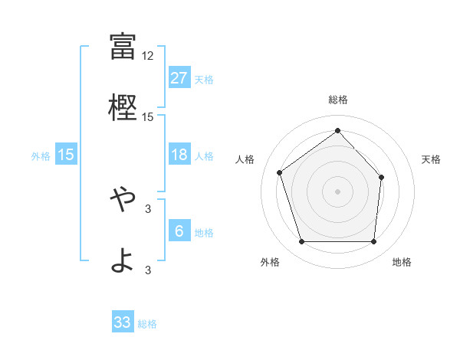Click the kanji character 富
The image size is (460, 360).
coord(123,47)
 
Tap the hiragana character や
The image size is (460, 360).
coord(123,198)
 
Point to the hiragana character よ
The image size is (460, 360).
coord(123,261)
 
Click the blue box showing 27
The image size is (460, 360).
coord(179,78)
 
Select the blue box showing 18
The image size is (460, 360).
coord(179,155)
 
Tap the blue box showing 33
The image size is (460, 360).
coord(123,322)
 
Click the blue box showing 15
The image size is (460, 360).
coord(66,155)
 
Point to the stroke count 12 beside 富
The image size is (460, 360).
coord(148,56)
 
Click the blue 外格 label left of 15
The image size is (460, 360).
coord(41,155)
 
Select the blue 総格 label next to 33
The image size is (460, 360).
coord(147,324)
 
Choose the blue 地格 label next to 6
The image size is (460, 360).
coord(204,233)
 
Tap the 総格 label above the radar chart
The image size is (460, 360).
coord(338,100)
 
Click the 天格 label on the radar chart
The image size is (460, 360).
coord(431,159)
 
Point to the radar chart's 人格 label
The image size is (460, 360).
coord(245,159)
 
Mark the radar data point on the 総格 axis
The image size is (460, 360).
coord(338,130)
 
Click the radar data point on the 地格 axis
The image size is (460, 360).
coord(374,242)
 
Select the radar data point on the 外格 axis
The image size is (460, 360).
coord(301,242)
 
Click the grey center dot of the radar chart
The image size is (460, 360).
coord(338,191)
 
